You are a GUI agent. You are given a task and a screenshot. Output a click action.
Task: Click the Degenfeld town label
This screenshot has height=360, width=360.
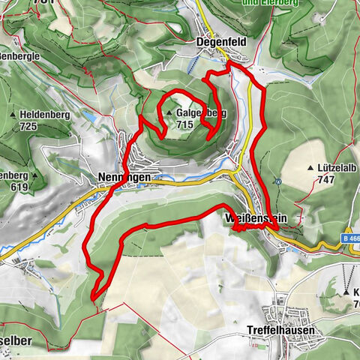click(217, 42)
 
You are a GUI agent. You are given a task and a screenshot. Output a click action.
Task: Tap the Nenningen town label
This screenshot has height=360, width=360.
click(124, 177)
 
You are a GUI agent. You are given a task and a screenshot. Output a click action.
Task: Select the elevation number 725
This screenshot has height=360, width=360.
click(28, 127)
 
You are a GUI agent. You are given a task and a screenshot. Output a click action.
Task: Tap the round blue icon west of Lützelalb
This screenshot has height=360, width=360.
click(278, 181)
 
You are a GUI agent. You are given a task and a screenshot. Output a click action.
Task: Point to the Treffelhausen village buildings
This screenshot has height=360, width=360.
click(285, 307)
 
